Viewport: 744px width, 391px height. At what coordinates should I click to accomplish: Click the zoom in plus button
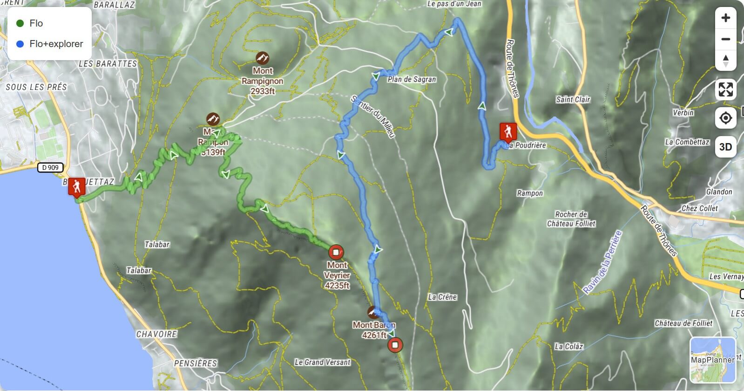pos(725,18)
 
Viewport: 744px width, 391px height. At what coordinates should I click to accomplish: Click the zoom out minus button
pos(725,39)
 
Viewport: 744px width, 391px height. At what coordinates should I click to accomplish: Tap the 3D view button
pos(725,147)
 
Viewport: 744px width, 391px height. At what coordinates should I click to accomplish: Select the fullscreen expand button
pos(725,89)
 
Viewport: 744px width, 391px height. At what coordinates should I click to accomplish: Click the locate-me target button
pos(725,118)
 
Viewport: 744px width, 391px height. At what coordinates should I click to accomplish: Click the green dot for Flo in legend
pos(20,23)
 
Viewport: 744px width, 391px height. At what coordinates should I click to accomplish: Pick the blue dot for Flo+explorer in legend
pos(20,44)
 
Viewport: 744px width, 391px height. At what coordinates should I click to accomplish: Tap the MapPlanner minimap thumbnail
pos(712,359)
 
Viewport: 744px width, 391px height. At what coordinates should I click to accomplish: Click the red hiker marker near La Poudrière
pos(507,131)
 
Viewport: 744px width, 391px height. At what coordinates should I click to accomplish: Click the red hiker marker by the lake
pos(76,187)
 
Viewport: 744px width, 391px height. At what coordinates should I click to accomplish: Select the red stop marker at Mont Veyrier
pos(336,252)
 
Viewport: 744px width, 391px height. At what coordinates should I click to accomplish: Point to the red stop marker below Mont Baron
pos(395,345)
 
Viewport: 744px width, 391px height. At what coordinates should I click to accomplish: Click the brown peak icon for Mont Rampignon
pos(263,58)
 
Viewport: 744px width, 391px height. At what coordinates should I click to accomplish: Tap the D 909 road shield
pos(50,167)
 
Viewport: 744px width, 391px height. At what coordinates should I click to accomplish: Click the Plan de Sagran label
pos(412,79)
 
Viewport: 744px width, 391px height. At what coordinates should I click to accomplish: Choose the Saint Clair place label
pos(573,99)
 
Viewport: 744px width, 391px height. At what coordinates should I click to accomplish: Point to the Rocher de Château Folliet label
pos(571,219)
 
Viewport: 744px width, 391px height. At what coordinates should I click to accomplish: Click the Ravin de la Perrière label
pos(602,262)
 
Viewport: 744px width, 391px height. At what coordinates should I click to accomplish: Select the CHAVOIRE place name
pos(156,334)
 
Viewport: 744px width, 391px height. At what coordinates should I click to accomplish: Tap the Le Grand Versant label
pos(322,362)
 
